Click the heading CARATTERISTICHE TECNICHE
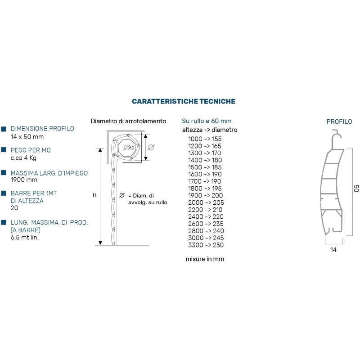point(184,102)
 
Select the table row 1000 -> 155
point(205,139)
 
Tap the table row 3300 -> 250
point(205,245)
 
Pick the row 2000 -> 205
point(205,202)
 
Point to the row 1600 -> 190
point(205,174)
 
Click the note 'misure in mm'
point(205,259)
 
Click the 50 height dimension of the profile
point(355,189)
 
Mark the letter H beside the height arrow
point(94,195)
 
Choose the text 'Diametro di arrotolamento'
point(129,121)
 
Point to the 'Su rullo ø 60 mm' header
point(207,121)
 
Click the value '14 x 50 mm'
point(27,136)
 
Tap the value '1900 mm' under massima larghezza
point(24,180)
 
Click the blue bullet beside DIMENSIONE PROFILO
point(4,129)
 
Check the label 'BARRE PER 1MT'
point(33,193)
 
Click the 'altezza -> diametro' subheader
point(209,130)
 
